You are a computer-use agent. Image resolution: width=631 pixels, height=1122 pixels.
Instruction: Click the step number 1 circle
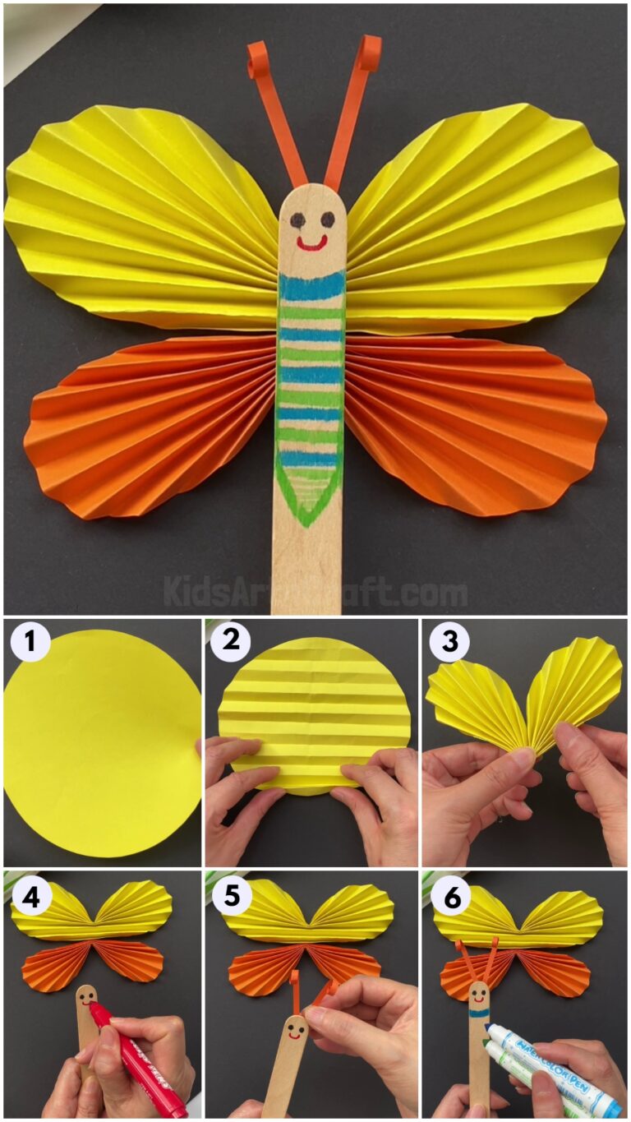coord(30,642)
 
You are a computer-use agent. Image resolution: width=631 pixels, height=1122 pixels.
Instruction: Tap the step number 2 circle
coord(230,642)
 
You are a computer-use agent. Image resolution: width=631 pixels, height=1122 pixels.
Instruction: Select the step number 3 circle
coord(449,642)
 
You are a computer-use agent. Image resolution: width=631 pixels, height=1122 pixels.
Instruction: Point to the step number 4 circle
coord(30,896)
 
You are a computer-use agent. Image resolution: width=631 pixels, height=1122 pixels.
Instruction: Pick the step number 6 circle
coord(449,896)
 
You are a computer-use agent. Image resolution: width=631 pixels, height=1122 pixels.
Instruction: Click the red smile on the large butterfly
coord(311,243)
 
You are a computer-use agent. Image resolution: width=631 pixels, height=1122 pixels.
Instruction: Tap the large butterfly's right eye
coord(327,219)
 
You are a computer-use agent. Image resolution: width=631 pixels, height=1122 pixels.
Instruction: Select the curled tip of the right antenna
coord(369,52)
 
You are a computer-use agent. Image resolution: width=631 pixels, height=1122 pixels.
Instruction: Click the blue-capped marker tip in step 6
coord(494,1031)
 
